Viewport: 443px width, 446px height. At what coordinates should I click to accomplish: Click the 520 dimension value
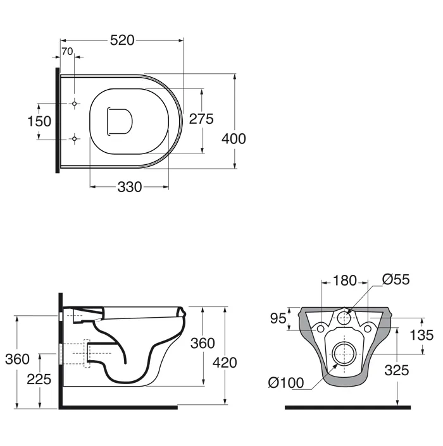pyautogui.click(x=122, y=40)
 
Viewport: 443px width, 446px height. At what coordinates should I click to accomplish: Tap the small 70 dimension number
pyautogui.click(x=67, y=51)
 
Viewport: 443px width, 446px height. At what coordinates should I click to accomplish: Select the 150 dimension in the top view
pyautogui.click(x=39, y=121)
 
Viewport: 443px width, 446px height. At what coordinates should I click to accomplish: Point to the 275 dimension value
pyautogui.click(x=201, y=119)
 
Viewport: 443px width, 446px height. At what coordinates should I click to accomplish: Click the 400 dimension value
pyautogui.click(x=234, y=139)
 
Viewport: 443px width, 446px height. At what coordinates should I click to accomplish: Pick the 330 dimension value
pyautogui.click(x=130, y=187)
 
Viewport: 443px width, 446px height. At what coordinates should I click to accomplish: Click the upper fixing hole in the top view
pyautogui.click(x=74, y=104)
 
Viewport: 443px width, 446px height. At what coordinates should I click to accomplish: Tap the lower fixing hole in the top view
pyautogui.click(x=74, y=139)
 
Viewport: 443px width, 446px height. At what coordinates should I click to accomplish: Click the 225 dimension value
pyautogui.click(x=39, y=379)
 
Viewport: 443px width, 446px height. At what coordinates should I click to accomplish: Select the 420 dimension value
pyautogui.click(x=225, y=363)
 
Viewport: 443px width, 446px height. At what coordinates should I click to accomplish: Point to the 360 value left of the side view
pyautogui.click(x=17, y=359)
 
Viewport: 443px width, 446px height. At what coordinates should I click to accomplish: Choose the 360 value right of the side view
pyautogui.click(x=203, y=343)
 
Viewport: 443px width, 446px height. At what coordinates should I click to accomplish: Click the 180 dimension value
pyautogui.click(x=345, y=280)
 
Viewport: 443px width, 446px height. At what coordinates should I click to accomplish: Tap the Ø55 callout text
pyautogui.click(x=396, y=279)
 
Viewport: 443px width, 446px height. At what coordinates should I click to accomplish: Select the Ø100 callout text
pyautogui.click(x=286, y=383)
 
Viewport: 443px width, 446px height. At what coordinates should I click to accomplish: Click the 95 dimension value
pyautogui.click(x=278, y=318)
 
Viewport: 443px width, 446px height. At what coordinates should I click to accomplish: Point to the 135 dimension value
pyautogui.click(x=421, y=335)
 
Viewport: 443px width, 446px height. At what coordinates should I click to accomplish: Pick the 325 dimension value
pyautogui.click(x=397, y=370)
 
